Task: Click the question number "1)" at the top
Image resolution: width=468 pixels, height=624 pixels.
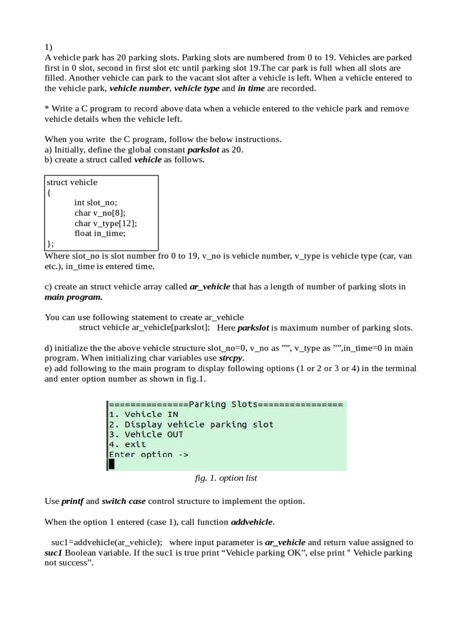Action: click(48, 47)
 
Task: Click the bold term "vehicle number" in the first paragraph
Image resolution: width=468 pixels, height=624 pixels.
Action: click(139, 88)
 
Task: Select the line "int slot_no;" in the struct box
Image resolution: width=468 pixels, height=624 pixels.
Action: click(96, 202)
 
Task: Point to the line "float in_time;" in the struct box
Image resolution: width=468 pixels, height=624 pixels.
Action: click(100, 233)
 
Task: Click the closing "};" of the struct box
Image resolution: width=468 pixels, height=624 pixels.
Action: click(50, 244)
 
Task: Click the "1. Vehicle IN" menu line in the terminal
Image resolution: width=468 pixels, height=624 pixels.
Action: click(144, 414)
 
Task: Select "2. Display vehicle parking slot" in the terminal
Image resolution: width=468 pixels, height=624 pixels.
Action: click(191, 424)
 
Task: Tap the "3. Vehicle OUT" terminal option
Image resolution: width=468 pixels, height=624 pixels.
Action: click(146, 434)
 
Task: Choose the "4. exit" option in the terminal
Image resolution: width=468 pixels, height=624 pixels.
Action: click(127, 444)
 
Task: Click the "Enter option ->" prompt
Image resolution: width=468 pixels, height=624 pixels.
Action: click(149, 455)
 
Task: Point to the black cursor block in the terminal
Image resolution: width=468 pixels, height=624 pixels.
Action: click(112, 464)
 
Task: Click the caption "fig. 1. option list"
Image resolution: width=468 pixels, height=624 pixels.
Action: click(225, 478)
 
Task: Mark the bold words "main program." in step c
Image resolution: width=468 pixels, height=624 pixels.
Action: click(74, 297)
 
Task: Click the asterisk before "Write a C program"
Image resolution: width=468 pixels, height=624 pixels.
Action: click(47, 108)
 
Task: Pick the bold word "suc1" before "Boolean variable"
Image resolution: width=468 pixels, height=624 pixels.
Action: click(54, 553)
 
